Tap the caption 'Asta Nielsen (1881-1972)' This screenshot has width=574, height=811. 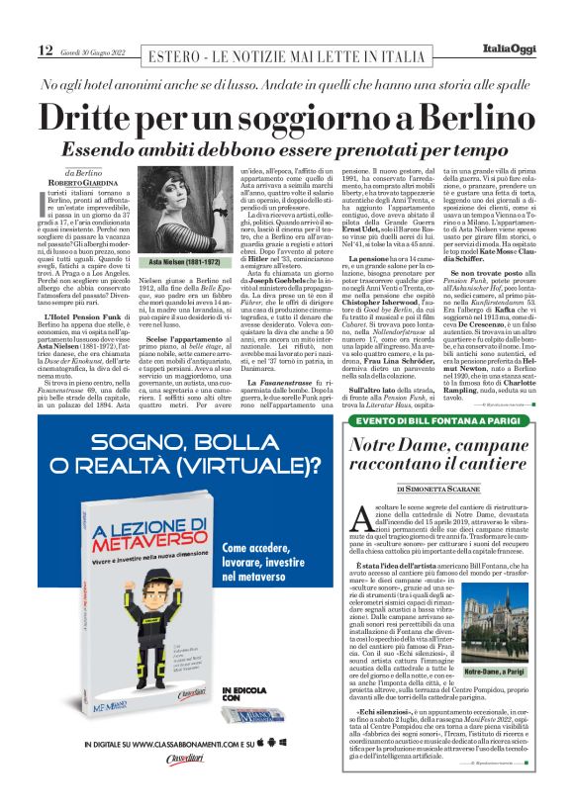tap(154, 263)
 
